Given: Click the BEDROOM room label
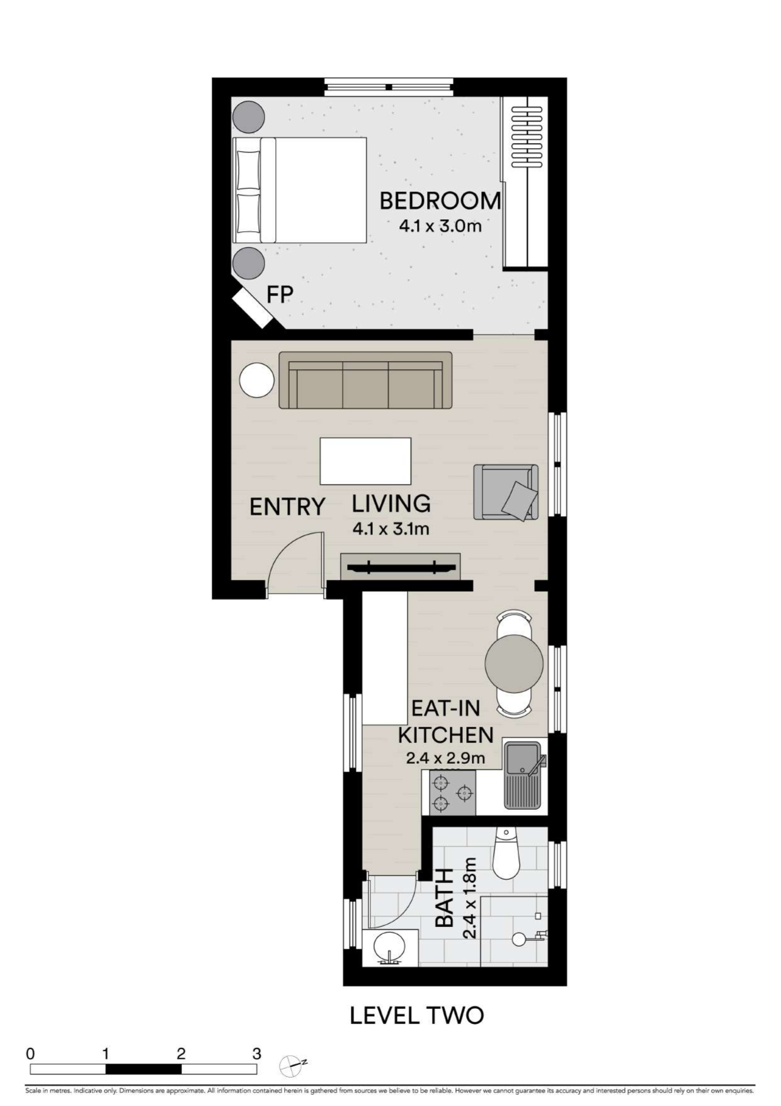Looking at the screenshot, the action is click(x=440, y=201).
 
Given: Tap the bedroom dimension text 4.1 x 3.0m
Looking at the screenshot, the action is click(x=440, y=226).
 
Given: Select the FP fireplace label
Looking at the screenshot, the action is click(x=280, y=294).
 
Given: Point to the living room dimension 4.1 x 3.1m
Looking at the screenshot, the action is click(x=391, y=529).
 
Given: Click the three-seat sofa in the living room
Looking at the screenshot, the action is click(x=365, y=380).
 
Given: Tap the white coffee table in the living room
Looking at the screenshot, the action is click(x=365, y=461).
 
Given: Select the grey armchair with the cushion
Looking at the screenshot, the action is click(x=506, y=492).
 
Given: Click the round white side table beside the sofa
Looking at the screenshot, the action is click(x=257, y=381).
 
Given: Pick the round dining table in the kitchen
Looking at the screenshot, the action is click(x=514, y=663).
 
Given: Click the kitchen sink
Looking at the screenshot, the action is click(x=522, y=776).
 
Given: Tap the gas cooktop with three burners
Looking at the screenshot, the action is click(x=452, y=793).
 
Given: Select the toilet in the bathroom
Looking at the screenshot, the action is click(x=505, y=853).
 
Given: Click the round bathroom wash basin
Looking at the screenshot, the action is click(x=390, y=948).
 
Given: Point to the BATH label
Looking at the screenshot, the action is click(x=445, y=898).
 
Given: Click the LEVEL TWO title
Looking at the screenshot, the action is click(x=417, y=1015).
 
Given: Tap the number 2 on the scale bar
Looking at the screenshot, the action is click(x=181, y=1053).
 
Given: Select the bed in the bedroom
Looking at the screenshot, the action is click(x=300, y=190).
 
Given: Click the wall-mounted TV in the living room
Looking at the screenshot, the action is click(x=401, y=567).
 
